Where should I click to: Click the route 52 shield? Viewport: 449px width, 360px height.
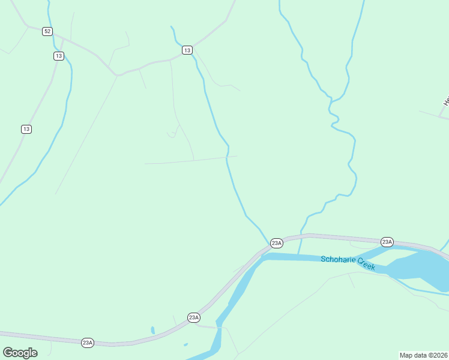click(47, 31)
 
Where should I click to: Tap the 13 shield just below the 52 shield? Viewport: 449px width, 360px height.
click(58, 56)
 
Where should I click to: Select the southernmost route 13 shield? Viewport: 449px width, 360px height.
click(26, 129)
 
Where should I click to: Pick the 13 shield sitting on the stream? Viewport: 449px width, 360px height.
click(187, 50)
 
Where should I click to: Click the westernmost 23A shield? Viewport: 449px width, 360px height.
click(88, 343)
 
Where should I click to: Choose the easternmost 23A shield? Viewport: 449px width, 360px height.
click(387, 242)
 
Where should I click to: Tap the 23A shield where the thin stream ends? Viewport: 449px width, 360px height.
click(276, 243)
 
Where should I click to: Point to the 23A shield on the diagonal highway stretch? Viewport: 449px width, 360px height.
click(193, 317)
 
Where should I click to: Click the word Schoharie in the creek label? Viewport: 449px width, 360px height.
click(339, 259)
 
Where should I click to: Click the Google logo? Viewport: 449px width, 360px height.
click(20, 353)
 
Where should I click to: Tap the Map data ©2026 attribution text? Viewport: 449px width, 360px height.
click(423, 355)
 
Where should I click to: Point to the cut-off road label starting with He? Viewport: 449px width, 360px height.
click(446, 101)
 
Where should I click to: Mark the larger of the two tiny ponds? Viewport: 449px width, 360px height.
click(153, 330)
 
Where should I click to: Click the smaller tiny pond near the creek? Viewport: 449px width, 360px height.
click(185, 344)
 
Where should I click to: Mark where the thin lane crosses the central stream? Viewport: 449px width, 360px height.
click(227, 157)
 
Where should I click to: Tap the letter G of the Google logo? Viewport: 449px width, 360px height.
click(8, 353)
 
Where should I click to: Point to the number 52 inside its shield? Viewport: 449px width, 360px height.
click(47, 31)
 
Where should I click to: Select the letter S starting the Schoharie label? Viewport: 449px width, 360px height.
click(323, 259)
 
